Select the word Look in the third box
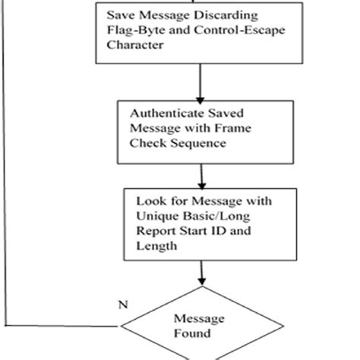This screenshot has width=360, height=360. (149, 203)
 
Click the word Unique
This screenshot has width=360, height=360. (154, 217)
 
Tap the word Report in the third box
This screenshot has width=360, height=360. (154, 232)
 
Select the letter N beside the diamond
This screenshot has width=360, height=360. (122, 305)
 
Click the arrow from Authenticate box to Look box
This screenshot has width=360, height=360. (202, 170)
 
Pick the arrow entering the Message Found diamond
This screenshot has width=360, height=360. (202, 273)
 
